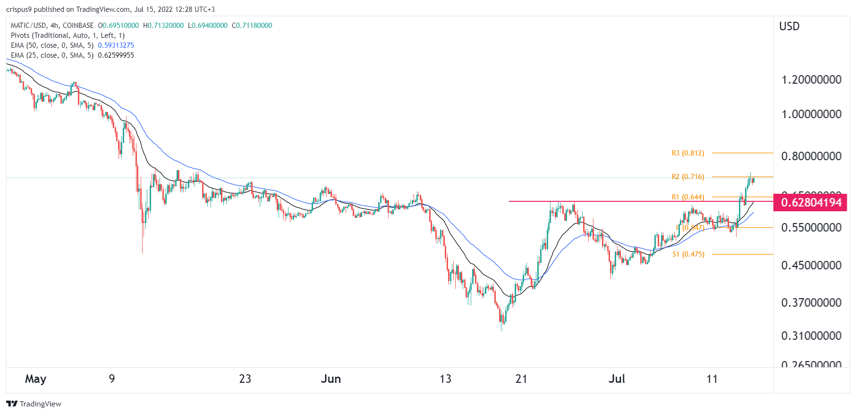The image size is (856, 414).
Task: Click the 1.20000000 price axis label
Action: [811, 79]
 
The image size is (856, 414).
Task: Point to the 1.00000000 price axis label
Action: [811, 114]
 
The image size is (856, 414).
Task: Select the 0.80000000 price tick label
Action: [811, 156]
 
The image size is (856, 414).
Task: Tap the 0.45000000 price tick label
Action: [811, 265]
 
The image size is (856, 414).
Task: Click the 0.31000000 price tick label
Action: [811, 336]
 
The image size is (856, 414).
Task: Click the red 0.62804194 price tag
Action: [811, 203]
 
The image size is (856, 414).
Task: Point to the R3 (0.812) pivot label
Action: [687, 153]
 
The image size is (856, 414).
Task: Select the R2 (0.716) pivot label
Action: [687, 177]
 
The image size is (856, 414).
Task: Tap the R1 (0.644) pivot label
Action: [687, 197]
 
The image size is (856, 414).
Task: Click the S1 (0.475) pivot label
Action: [688, 254]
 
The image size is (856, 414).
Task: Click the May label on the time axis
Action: [35, 379]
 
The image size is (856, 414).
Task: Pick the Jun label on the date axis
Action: [331, 379]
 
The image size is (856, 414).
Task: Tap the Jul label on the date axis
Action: [617, 379]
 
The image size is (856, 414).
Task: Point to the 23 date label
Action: [245, 379]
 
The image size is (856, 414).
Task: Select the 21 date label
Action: [521, 379]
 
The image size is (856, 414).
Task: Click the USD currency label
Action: [789, 26]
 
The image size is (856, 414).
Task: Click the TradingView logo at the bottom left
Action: [34, 404]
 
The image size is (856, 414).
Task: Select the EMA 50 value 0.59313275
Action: [116, 45]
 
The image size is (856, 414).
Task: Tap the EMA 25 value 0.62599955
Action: [116, 55]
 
